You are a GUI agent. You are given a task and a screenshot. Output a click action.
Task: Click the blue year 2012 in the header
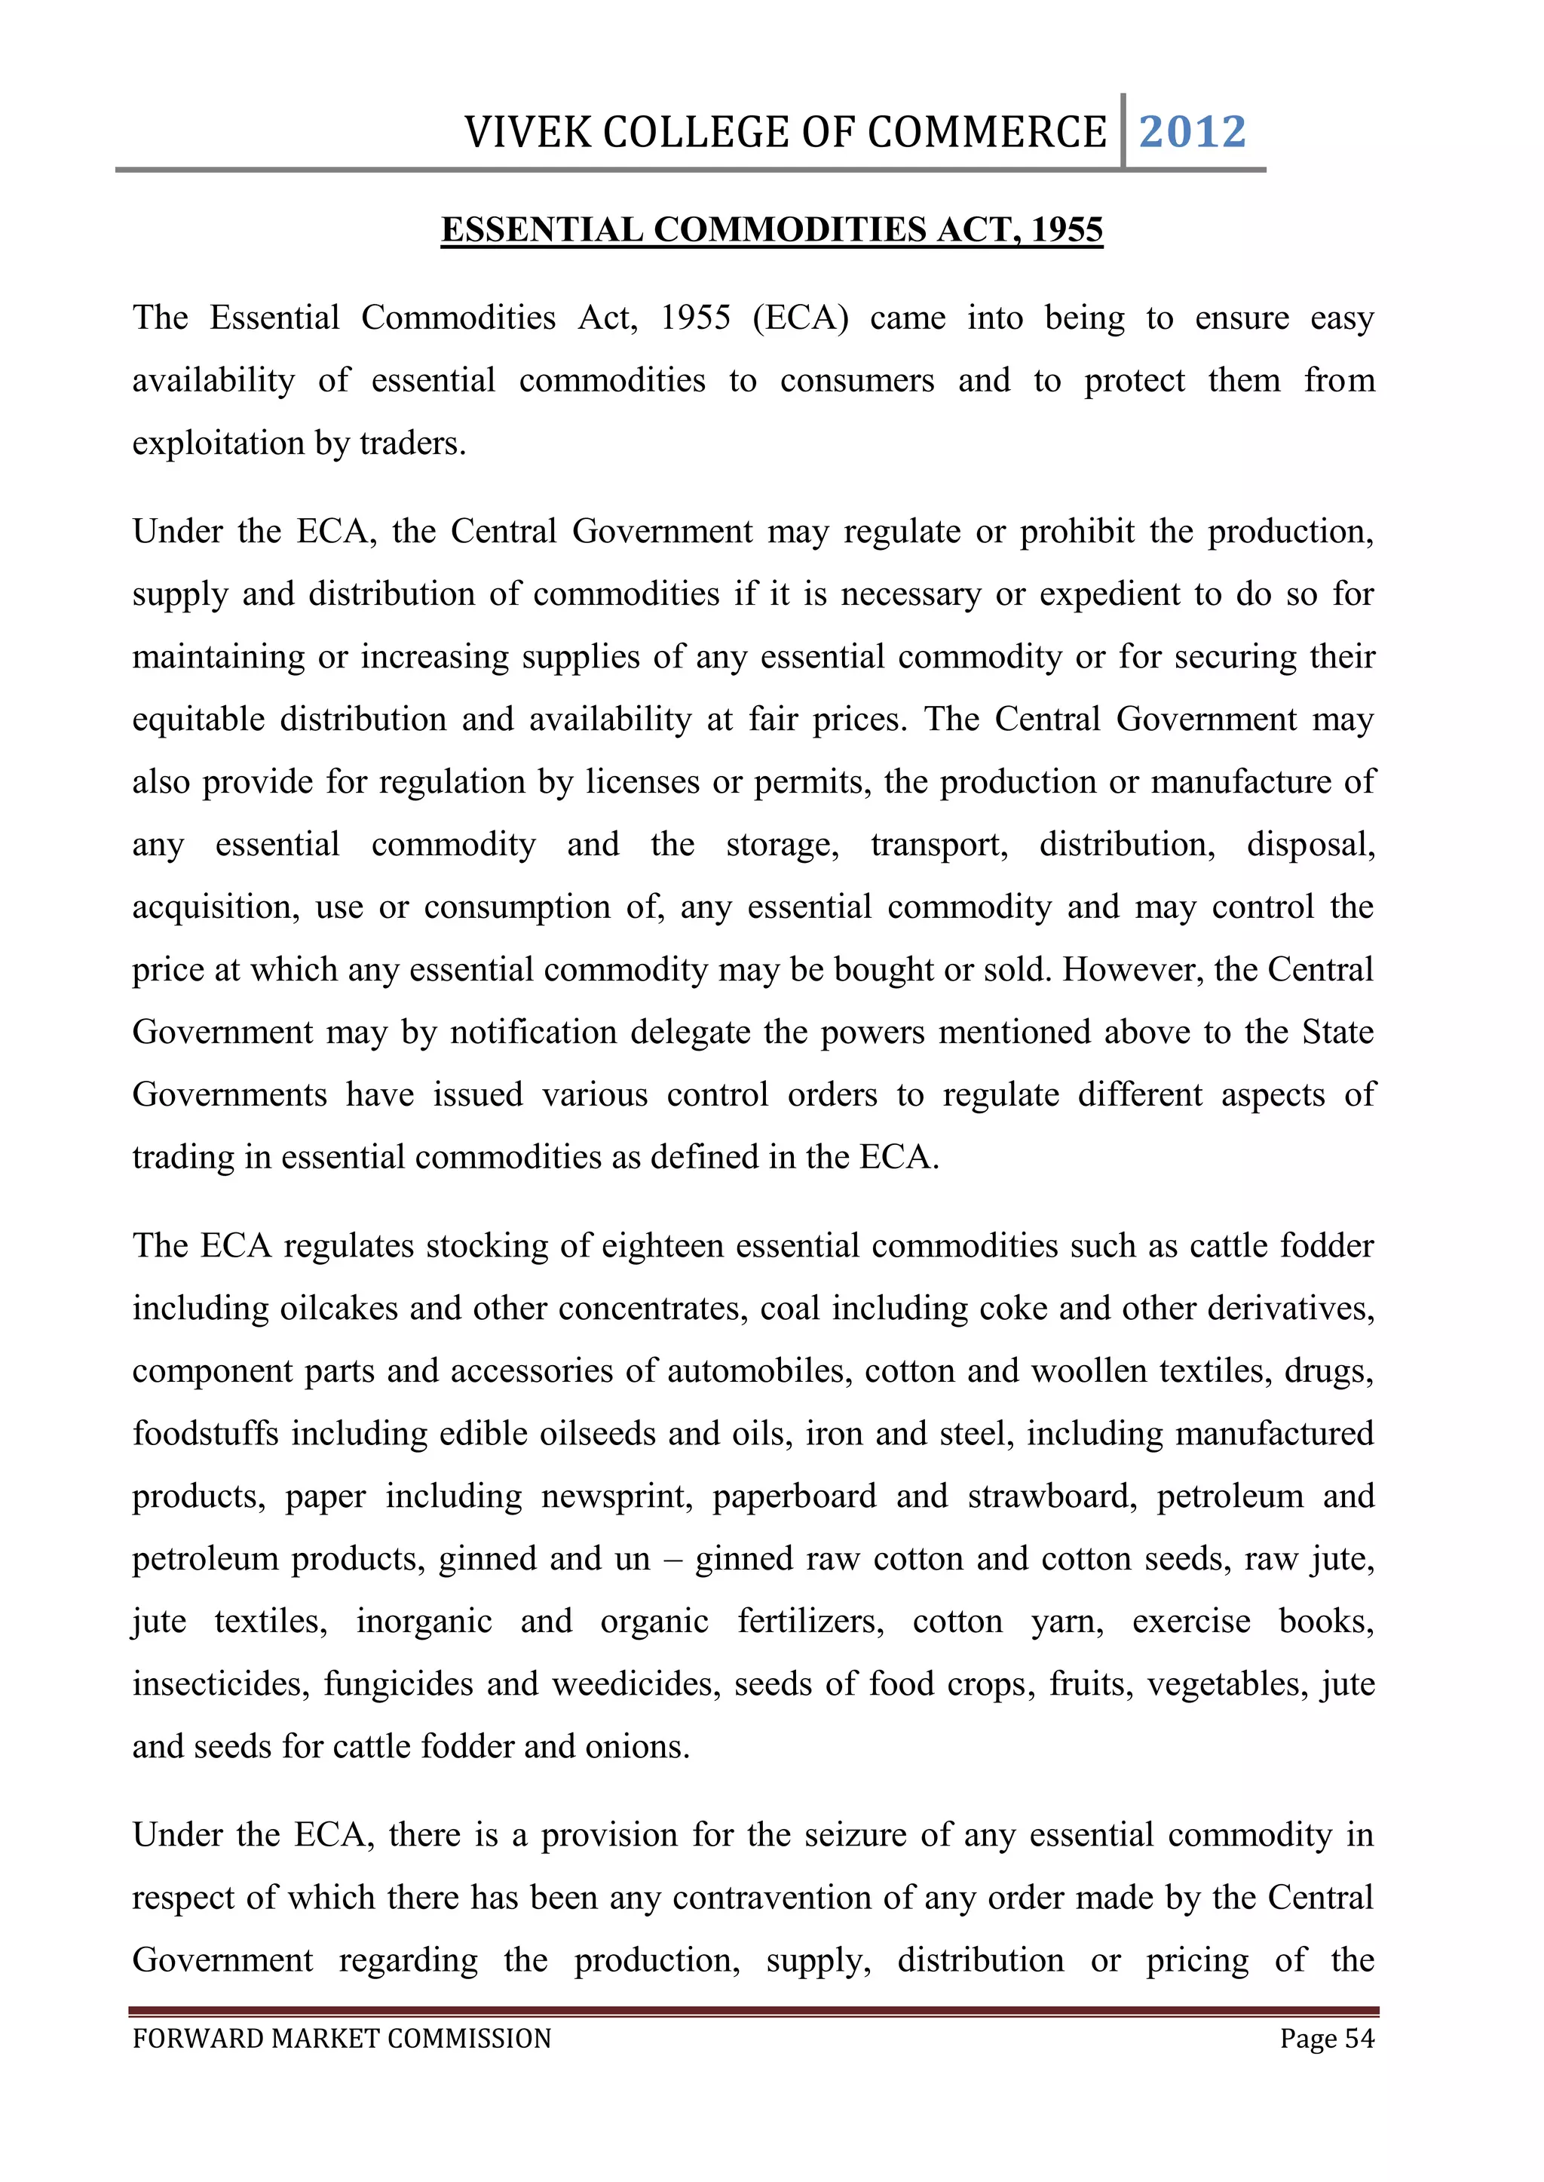pos(1192,132)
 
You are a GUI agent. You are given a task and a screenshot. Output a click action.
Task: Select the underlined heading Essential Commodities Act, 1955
pos(771,230)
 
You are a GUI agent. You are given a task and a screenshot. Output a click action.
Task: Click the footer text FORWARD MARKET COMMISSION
pos(342,2039)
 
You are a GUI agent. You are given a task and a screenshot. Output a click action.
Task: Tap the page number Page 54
pos(1326,2039)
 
